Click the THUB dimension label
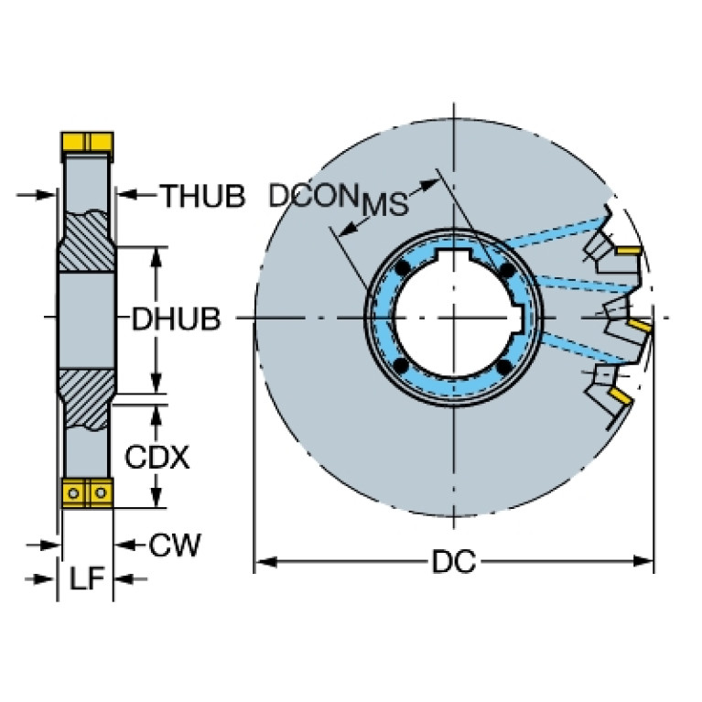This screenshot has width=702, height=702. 203,196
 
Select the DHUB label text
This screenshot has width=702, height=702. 177,319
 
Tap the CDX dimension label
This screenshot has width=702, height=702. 157,457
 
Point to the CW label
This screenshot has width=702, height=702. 175,545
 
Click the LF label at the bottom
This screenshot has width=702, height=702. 87,578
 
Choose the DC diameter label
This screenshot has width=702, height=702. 454,561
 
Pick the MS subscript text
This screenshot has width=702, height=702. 385,204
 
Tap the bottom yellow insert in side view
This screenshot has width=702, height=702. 87,492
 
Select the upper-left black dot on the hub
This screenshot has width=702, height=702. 403,268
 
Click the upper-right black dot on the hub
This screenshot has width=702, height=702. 507,270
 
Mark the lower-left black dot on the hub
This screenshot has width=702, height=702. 401,366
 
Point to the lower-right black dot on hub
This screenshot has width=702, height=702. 504,367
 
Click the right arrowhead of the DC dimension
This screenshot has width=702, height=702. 643,561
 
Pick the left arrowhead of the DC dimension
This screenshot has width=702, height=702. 265,561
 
